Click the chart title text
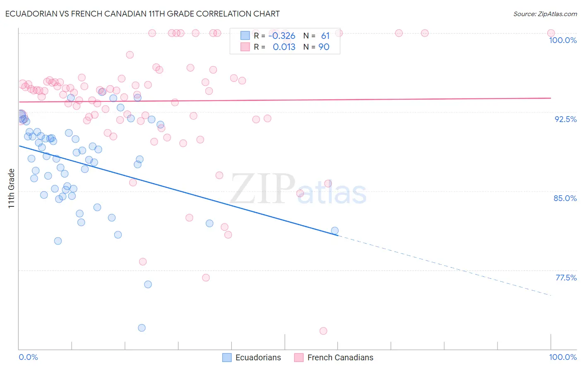[143, 14]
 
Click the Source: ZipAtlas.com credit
[545, 14]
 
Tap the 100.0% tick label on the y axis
[563, 40]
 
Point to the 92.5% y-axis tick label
[565, 119]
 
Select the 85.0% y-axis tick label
[565, 198]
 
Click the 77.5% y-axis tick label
[566, 278]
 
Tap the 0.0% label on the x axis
[28, 357]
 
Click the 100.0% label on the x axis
[563, 357]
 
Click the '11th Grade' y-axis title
[12, 188]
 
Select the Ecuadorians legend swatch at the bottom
[227, 357]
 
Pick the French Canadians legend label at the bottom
[340, 357]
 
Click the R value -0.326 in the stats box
[282, 36]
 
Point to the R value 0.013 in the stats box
[284, 47]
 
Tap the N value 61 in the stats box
[325, 36]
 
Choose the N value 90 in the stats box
[324, 47]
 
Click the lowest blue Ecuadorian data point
[142, 328]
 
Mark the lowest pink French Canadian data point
[323, 331]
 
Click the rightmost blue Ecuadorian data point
[335, 231]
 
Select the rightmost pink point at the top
[551, 33]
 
